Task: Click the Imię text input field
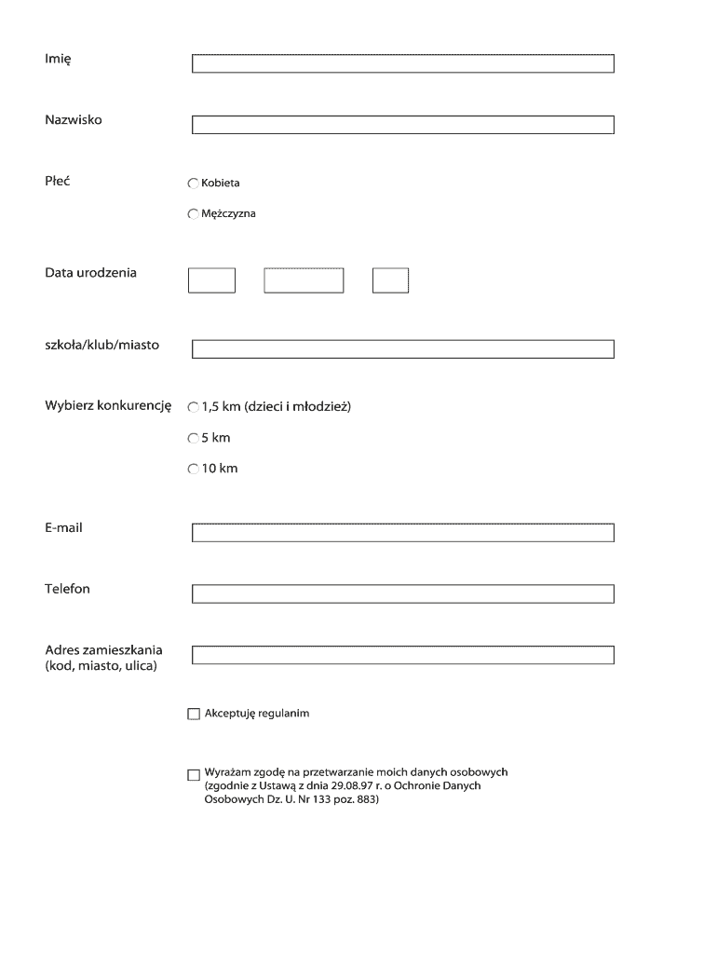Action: tap(402, 63)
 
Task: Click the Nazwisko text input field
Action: tap(402, 125)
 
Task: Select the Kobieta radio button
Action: tap(194, 184)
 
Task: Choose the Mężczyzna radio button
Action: tap(194, 214)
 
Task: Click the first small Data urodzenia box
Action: tap(211, 280)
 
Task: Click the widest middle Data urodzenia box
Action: tap(304, 280)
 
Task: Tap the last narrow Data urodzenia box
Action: tap(390, 280)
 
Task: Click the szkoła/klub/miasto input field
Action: tap(402, 349)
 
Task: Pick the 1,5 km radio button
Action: tap(194, 407)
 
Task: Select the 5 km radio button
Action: tap(194, 438)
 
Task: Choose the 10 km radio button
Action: tap(194, 469)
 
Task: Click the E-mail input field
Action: tap(402, 533)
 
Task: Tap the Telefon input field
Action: tap(402, 593)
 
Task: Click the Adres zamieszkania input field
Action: tap(402, 655)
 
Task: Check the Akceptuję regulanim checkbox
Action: tap(194, 715)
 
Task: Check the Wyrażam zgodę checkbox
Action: tap(194, 774)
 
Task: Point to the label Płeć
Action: tap(58, 181)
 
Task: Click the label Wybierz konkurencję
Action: tap(108, 405)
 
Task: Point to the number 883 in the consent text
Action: tap(365, 800)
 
